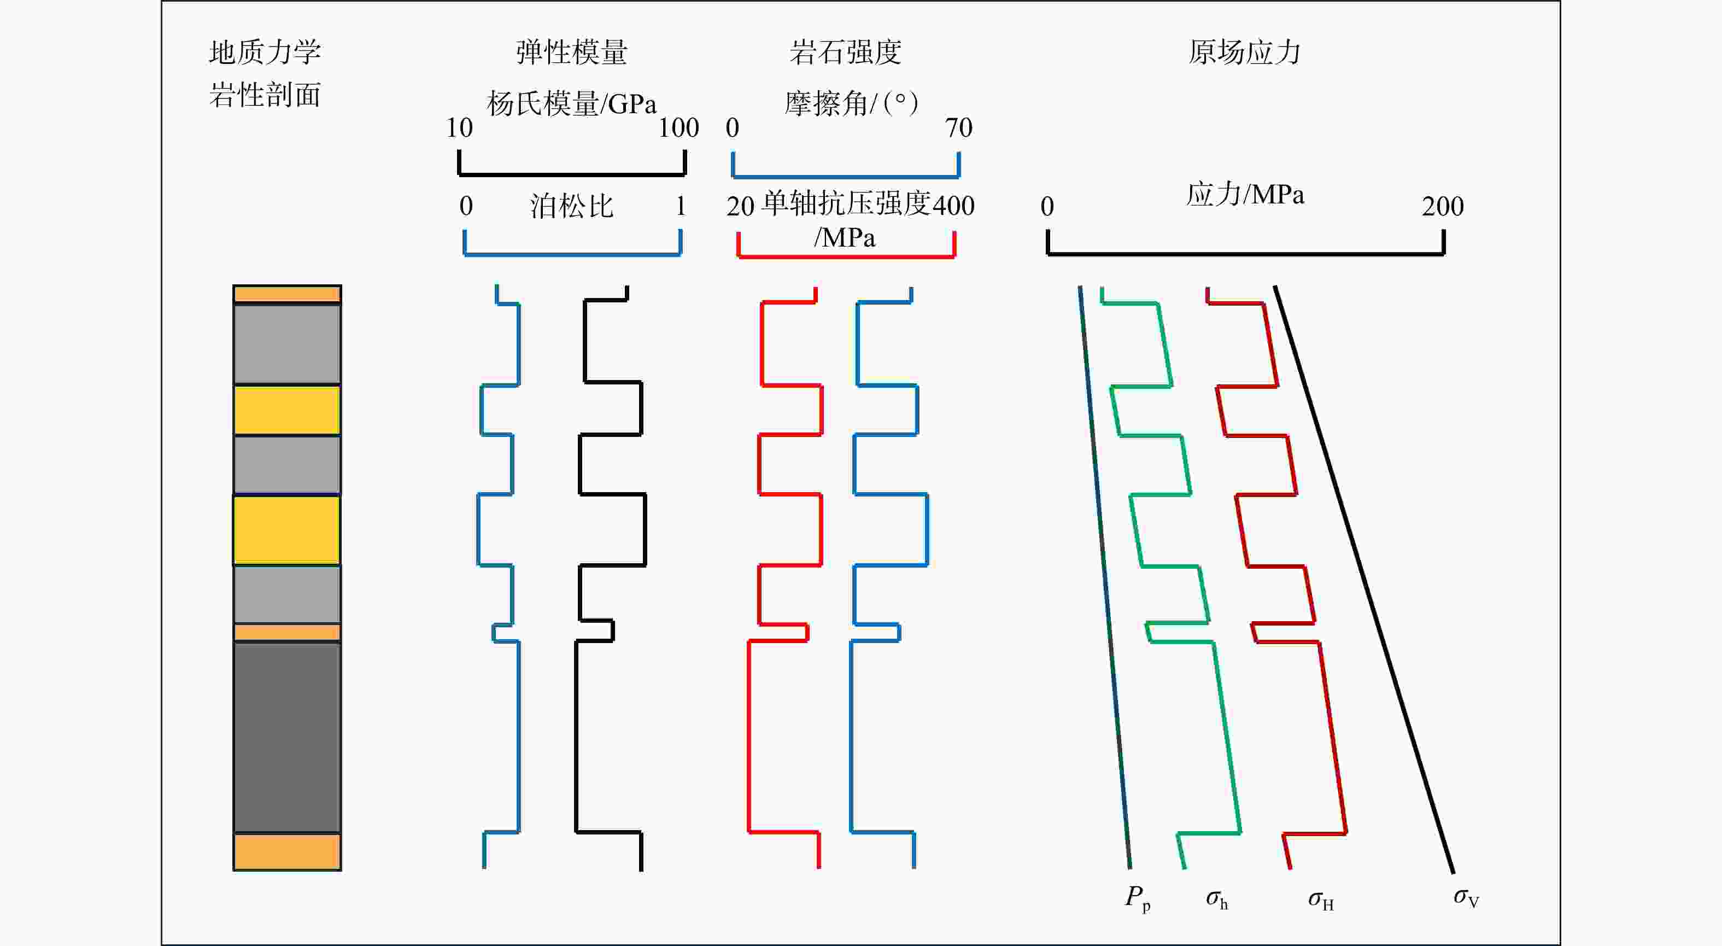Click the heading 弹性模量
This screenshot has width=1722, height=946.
pyautogui.click(x=572, y=52)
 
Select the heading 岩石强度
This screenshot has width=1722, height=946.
pyautogui.click(x=845, y=52)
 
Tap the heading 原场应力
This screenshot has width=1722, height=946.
pyautogui.click(x=1244, y=52)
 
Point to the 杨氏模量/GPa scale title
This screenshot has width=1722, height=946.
pyautogui.click(x=572, y=104)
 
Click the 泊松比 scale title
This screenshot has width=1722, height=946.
pyautogui.click(x=572, y=206)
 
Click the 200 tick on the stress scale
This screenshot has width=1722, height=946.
pyautogui.click(x=1443, y=207)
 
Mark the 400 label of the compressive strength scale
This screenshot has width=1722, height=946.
pyautogui.click(x=953, y=205)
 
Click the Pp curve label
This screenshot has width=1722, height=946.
pyautogui.click(x=1137, y=897)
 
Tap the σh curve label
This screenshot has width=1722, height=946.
pyautogui.click(x=1217, y=899)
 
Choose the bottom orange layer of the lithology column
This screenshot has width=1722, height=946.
pyautogui.click(x=287, y=852)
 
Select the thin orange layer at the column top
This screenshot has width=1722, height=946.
pyautogui.click(x=287, y=294)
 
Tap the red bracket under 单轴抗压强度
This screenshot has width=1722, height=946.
pyautogui.click(x=846, y=255)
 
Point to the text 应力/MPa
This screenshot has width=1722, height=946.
pyautogui.click(x=1245, y=195)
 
